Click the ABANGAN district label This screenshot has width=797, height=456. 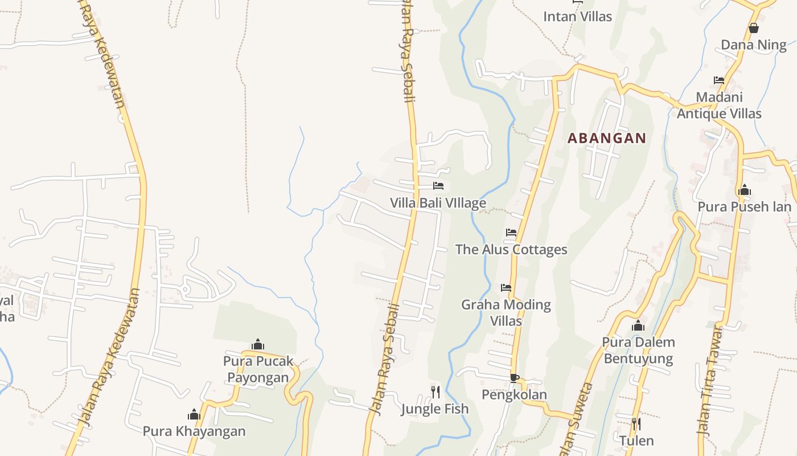click(607, 138)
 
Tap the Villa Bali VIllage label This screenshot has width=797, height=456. click(438, 203)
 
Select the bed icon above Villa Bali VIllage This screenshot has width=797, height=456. click(438, 186)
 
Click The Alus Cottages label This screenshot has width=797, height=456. click(511, 250)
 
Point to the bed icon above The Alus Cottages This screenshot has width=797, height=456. click(511, 233)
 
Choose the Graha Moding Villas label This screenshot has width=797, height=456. click(506, 312)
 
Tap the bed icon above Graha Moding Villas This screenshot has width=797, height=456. click(506, 288)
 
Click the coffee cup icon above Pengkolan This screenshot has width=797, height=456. click(514, 377)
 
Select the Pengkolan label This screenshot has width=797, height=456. click(514, 394)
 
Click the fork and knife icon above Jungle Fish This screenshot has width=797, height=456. click(436, 392)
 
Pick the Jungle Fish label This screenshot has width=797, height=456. click(435, 409)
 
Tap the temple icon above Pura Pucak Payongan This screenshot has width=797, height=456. click(258, 344)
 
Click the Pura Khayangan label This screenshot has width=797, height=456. click(194, 431)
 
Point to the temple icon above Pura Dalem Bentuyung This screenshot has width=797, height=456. click(638, 325)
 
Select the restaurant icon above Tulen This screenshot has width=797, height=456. click(636, 424)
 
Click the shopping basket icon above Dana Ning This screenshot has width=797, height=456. click(754, 28)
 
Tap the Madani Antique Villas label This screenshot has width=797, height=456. click(719, 105)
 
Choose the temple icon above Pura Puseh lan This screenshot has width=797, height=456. click(744, 190)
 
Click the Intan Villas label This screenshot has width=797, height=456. click(577, 17)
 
